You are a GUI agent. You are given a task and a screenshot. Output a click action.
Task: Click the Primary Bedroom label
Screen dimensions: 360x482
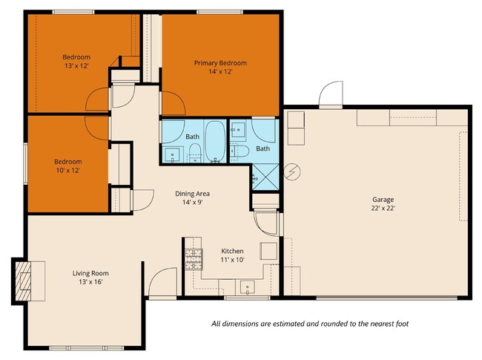point(220,63)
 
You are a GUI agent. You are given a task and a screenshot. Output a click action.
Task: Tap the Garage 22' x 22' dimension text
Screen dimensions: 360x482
point(383,209)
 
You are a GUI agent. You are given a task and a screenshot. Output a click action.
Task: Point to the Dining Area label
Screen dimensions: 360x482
point(192,193)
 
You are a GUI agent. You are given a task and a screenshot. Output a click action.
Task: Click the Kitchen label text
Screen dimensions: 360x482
point(232,251)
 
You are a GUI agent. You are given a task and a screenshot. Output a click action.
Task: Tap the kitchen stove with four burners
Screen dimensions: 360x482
point(194,258)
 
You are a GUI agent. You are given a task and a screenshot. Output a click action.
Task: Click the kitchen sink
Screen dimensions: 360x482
point(245,287)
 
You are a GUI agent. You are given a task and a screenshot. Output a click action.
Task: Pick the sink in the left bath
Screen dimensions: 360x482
point(173,155)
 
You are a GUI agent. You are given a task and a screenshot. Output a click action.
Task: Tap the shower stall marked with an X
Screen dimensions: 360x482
point(264,178)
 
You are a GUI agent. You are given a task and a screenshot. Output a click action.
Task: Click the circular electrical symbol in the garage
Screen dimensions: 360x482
point(294,171)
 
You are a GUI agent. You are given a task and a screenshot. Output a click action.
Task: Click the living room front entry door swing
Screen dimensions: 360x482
point(161,283)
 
